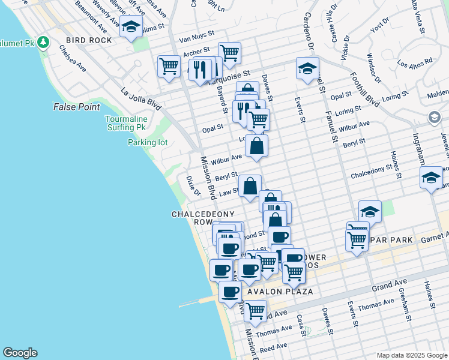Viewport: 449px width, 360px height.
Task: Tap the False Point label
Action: (76, 107)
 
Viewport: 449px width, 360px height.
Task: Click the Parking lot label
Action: (148, 142)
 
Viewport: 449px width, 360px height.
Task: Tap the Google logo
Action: (20, 353)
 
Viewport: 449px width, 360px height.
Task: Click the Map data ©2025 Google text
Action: (411, 355)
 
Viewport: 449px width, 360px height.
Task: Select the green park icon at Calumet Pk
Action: (43, 42)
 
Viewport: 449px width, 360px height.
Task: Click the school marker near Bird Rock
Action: (130, 26)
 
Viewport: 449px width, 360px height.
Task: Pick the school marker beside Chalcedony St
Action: (431, 177)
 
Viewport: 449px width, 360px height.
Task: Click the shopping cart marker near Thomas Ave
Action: (255, 310)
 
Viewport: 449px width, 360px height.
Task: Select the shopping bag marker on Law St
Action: (250, 185)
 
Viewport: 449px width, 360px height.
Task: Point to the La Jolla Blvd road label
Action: (140, 100)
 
